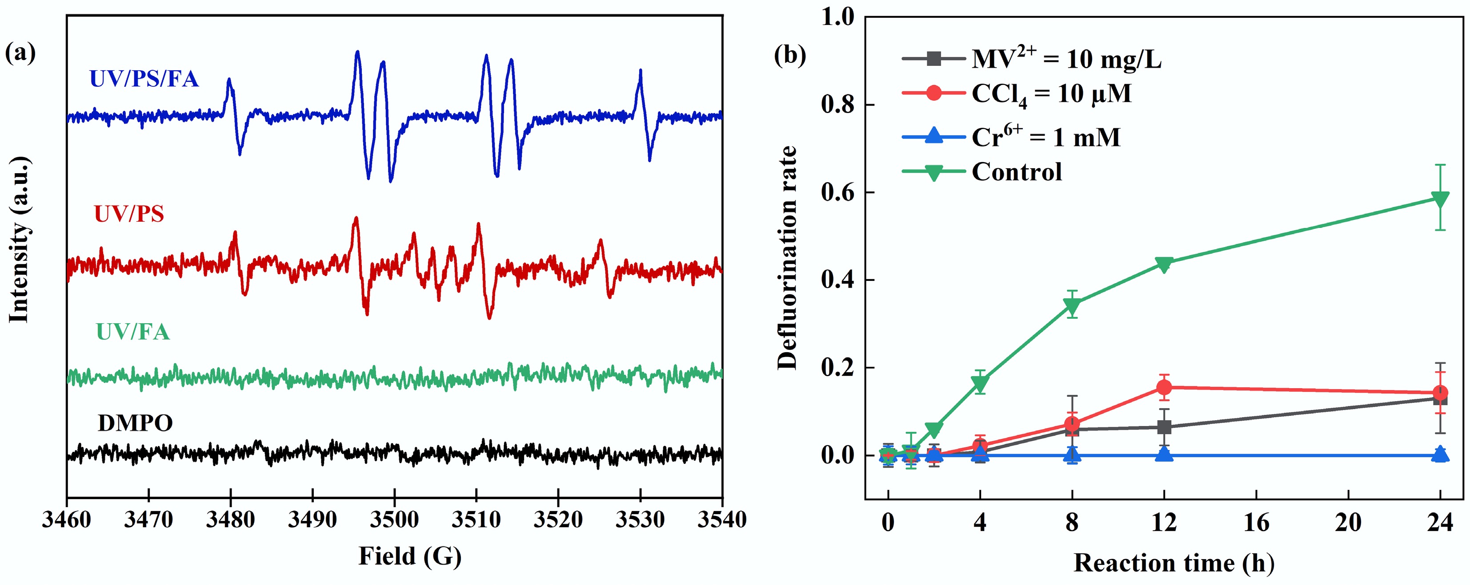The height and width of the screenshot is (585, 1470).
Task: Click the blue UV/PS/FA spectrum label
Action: click(144, 79)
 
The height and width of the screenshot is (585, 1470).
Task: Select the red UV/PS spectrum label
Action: click(129, 214)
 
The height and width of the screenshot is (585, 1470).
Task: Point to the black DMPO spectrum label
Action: click(135, 423)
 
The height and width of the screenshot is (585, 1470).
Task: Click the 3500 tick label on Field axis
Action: click(394, 520)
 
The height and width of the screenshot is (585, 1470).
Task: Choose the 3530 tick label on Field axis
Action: click(640, 520)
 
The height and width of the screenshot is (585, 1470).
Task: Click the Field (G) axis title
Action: click(410, 556)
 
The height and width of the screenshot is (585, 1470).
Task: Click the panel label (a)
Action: click(20, 53)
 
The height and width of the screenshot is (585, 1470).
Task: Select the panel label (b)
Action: click(790, 55)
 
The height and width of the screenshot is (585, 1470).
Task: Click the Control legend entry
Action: click(1016, 172)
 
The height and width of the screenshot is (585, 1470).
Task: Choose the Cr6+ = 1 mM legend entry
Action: click(1045, 138)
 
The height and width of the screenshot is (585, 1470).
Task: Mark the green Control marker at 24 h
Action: click(1440, 199)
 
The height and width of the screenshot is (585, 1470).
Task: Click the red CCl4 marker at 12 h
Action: click(1164, 388)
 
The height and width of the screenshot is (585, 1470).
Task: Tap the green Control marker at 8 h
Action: click(1072, 306)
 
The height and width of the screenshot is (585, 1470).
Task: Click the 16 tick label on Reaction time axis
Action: click(1256, 523)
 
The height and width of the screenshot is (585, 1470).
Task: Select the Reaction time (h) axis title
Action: click(1174, 563)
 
